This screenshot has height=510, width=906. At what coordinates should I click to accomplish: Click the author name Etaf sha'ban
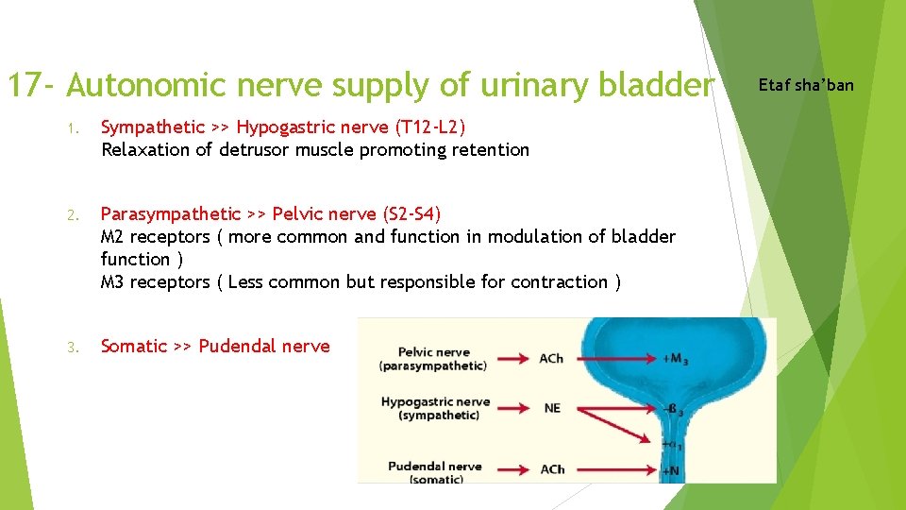(x=806, y=85)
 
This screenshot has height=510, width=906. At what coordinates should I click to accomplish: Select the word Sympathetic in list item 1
(x=152, y=127)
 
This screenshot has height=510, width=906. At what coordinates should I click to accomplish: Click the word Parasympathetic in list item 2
(x=171, y=214)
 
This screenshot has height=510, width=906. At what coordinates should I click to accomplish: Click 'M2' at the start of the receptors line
(x=113, y=236)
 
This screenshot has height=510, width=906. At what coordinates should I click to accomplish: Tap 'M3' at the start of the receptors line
(x=113, y=281)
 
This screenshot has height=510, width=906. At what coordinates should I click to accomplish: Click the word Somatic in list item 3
(x=133, y=346)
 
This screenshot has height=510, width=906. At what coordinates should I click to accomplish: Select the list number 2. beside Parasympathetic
(x=72, y=215)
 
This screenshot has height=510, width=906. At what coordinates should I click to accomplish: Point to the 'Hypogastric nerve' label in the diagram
(x=435, y=401)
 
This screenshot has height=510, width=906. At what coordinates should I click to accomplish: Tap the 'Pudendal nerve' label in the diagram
(x=434, y=466)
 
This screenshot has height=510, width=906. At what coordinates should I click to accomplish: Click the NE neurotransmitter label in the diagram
(x=552, y=408)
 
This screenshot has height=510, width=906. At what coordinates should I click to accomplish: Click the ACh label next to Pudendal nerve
(x=552, y=468)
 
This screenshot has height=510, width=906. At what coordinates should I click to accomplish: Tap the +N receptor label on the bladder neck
(x=671, y=469)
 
